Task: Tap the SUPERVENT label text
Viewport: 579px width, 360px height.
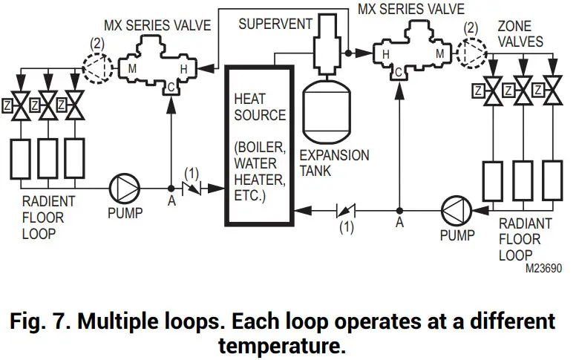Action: (275, 24)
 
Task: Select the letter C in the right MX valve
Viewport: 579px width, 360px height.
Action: (399, 72)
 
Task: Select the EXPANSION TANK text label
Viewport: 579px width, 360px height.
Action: (333, 163)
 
